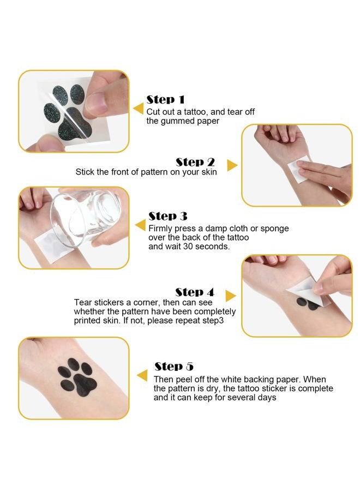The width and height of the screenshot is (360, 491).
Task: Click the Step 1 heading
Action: pos(165,100)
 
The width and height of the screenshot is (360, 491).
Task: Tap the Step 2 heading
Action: pos(195,162)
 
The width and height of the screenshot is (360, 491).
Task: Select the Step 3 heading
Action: pos(168,216)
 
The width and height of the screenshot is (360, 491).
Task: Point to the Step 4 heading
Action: pos(194,292)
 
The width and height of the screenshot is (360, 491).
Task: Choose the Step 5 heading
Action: pos(174,367)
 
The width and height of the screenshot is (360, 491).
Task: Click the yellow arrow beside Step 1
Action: pos(138,109)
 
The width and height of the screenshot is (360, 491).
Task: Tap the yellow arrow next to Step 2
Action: pos(232,165)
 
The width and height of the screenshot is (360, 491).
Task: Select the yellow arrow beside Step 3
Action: pos(140,225)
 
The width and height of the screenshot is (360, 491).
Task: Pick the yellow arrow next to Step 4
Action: pos(230,296)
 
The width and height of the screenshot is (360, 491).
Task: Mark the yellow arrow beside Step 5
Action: pos(142,375)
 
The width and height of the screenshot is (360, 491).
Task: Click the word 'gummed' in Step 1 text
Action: pos(177,121)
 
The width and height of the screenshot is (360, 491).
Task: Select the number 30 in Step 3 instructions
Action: pos(188,247)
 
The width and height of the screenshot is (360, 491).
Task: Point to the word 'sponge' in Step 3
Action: pos(274,229)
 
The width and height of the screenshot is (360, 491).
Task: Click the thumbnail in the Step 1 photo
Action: pos(96,103)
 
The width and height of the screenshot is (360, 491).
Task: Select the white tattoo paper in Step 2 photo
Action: pos(298,169)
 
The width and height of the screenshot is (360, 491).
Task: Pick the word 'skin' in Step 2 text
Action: pos(209,172)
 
